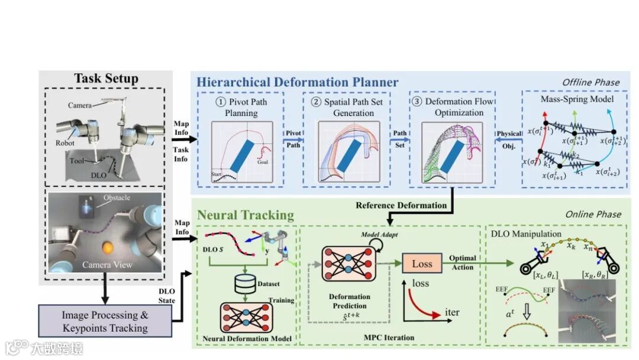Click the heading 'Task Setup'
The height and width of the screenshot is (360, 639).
pos(106,79)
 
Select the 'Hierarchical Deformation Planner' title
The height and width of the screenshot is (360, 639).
pos(298,82)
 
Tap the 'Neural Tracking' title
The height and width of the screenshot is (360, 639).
pos(246,214)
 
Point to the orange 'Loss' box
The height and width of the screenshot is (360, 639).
pos(422,263)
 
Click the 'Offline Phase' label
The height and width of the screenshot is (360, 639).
pos(590,82)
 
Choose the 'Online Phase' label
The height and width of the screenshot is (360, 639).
pos(592,214)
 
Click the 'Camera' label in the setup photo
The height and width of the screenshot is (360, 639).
pos(79,105)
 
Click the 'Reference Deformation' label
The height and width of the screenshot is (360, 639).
pos(401,205)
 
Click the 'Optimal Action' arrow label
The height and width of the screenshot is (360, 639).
pos(462,263)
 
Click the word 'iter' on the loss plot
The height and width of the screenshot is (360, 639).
pos(451,312)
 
